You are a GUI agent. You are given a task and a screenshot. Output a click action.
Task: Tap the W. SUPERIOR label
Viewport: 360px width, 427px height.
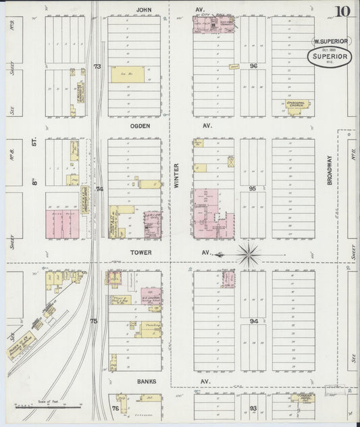tap(330, 41)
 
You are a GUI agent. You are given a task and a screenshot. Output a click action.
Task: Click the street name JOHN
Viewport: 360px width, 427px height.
tap(142, 10)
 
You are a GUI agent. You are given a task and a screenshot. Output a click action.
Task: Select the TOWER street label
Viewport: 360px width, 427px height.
tap(142, 253)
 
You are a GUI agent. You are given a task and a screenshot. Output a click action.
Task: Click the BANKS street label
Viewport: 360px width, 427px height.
tap(147, 381)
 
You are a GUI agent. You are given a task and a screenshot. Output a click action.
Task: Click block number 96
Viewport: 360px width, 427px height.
tap(253, 66)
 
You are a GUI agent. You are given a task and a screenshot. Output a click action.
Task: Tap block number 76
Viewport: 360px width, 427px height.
tap(115, 408)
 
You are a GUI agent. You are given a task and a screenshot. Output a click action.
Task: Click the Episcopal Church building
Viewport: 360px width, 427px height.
tap(294, 107)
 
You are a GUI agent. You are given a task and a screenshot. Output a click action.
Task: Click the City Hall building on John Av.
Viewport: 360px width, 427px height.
tap(215, 25)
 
